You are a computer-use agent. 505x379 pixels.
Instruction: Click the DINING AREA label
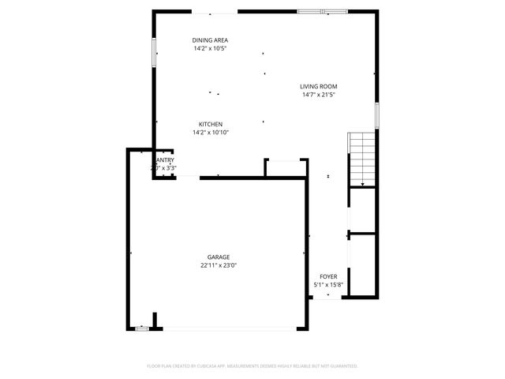coord(211,39)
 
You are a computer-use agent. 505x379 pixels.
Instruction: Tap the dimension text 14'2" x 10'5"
coord(211,49)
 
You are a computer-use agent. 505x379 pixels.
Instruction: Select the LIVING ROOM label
coord(319,86)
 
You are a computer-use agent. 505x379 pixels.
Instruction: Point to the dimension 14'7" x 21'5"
coord(319,96)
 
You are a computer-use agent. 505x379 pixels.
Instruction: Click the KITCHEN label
coord(210,124)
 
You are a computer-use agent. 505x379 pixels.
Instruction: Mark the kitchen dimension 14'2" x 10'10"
coord(210,133)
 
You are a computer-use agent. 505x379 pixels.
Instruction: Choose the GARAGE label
coord(219,257)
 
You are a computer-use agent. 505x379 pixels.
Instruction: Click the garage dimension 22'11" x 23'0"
coord(219,266)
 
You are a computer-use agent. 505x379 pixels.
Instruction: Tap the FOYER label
coord(328,276)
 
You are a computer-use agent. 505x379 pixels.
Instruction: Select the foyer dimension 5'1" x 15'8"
coord(328,285)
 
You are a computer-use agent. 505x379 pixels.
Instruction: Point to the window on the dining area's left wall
coord(153,51)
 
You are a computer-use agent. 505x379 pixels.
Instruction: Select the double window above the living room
coord(322,12)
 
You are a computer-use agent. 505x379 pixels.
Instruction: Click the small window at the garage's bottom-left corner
coord(141,328)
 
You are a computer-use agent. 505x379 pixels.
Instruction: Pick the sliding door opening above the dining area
coord(215,13)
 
